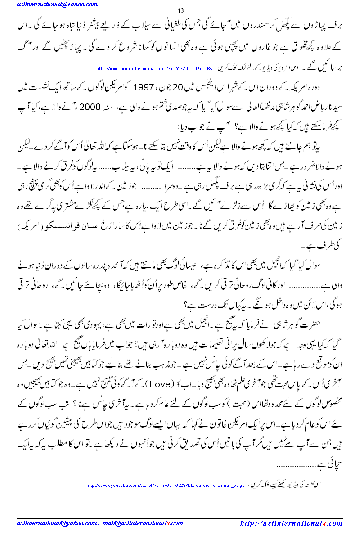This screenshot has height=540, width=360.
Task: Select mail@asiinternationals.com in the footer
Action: [143, 523]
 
